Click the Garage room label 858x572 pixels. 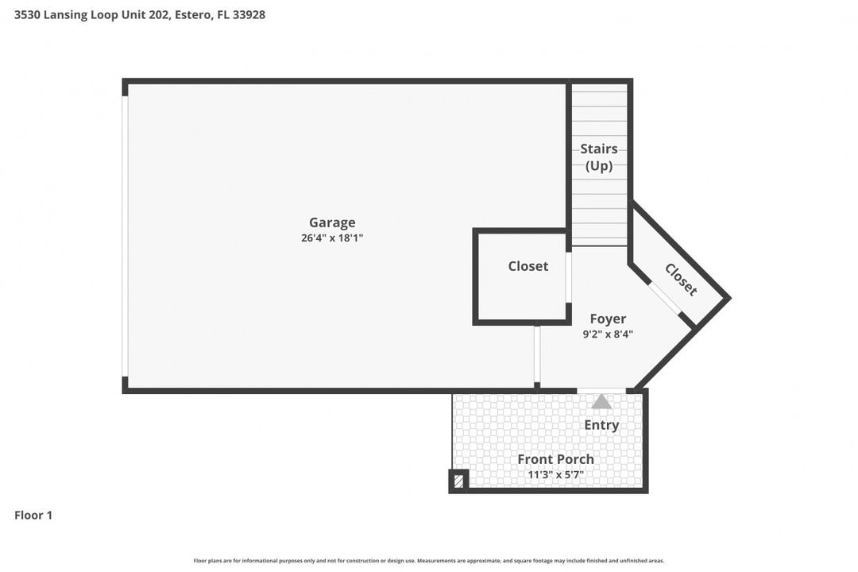[332, 222]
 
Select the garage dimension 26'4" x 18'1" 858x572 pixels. [332, 238]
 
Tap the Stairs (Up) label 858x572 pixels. [599, 157]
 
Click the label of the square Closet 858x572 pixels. [528, 266]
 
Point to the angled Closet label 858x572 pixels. [681, 280]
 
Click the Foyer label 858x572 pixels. [608, 319]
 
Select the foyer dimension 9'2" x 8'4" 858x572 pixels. [608, 334]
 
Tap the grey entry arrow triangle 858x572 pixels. [601, 402]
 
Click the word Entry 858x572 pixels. [601, 425]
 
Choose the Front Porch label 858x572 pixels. [555, 459]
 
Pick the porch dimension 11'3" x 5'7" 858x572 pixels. [555, 475]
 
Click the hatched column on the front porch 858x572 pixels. [458, 481]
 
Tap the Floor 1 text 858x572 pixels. [33, 515]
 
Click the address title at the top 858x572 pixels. [140, 14]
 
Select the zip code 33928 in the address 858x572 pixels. [249, 14]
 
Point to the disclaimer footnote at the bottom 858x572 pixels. [429, 561]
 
